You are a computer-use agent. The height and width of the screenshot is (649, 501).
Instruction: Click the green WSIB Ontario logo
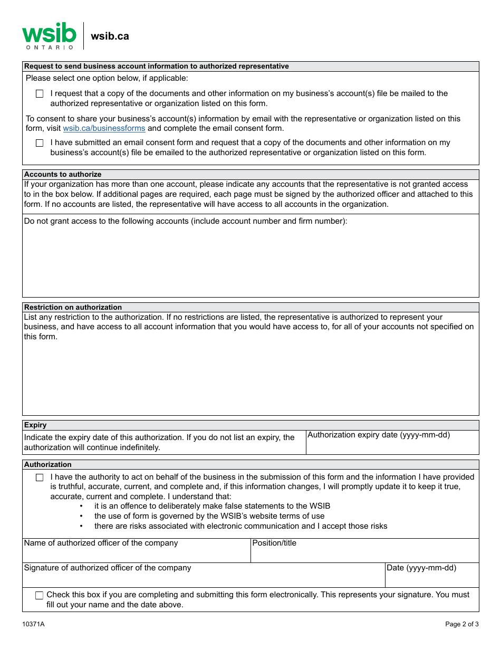tap(49, 35)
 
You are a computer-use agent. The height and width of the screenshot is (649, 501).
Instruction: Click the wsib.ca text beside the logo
tap(110, 36)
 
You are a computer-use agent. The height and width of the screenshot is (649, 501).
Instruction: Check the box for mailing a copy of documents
tap(40, 94)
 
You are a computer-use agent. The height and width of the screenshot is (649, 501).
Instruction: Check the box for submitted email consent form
tap(40, 143)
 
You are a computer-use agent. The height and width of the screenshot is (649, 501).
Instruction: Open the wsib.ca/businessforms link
tap(104, 128)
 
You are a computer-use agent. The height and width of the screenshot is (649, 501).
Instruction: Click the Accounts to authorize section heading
tap(63, 174)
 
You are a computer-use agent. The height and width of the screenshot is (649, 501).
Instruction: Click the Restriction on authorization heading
tap(73, 307)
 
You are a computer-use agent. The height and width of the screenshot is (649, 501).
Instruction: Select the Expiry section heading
tap(35, 425)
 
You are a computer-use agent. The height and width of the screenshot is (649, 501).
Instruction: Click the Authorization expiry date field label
tap(378, 435)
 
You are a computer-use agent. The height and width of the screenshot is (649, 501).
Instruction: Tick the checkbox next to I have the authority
tap(40, 478)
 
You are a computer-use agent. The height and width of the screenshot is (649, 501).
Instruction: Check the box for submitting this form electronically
tap(40, 595)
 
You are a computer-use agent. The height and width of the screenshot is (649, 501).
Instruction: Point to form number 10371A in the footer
tap(33, 624)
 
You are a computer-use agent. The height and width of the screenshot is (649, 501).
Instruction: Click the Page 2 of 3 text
tap(461, 624)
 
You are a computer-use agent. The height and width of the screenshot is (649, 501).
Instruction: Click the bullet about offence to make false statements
tap(212, 506)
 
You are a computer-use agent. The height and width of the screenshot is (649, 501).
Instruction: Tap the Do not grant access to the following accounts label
tap(186, 221)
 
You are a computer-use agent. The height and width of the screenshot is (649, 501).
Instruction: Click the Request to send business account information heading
tap(157, 66)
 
